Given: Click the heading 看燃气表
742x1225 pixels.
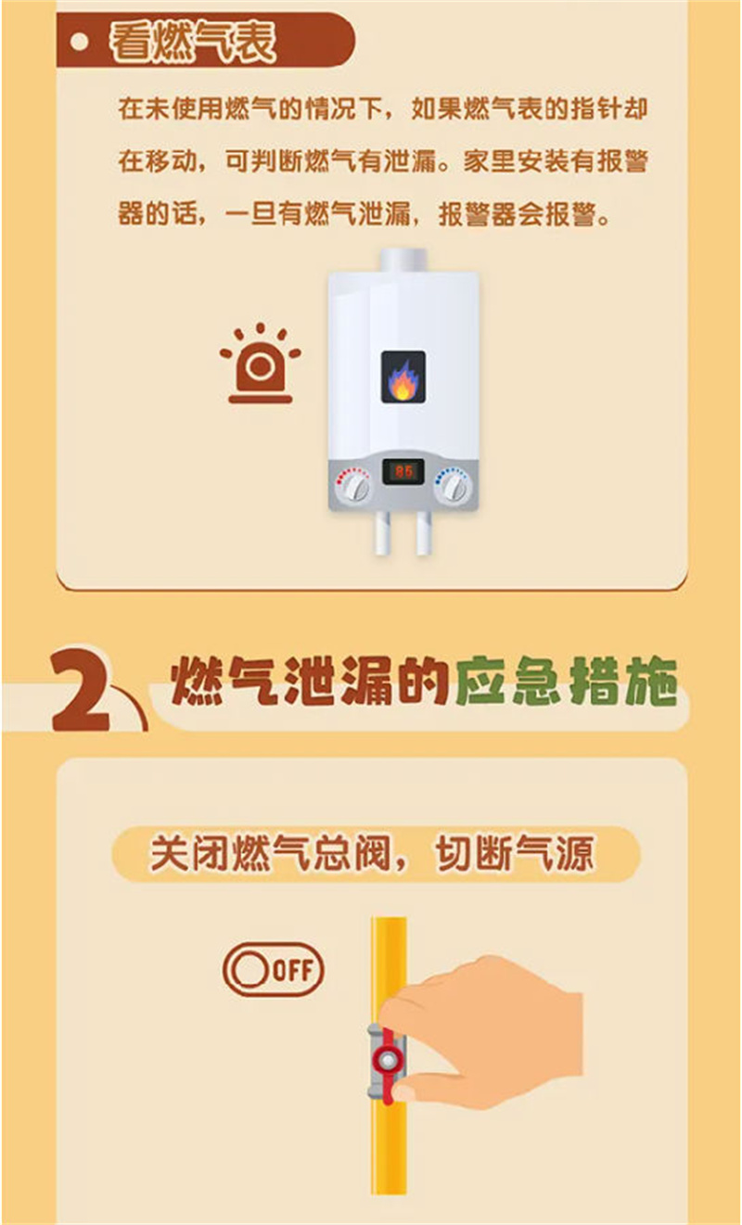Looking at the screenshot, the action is point(193,42).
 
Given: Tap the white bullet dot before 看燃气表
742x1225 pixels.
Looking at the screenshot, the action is point(80,42).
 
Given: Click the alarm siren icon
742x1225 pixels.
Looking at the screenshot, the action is point(261,364).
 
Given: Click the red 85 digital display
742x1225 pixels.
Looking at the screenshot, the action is point(403,471).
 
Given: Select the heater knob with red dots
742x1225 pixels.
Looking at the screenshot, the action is point(354,485).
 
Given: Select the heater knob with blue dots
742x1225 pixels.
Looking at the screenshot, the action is point(454,485).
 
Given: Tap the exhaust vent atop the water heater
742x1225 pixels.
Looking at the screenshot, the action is point(403,260).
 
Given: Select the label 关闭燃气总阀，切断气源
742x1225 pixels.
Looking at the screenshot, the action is point(372,854).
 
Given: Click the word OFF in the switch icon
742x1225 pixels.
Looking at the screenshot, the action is point(292,970).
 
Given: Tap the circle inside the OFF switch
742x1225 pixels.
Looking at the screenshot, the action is point(249,970).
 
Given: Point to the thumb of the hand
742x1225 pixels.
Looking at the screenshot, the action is point(432,1089).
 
